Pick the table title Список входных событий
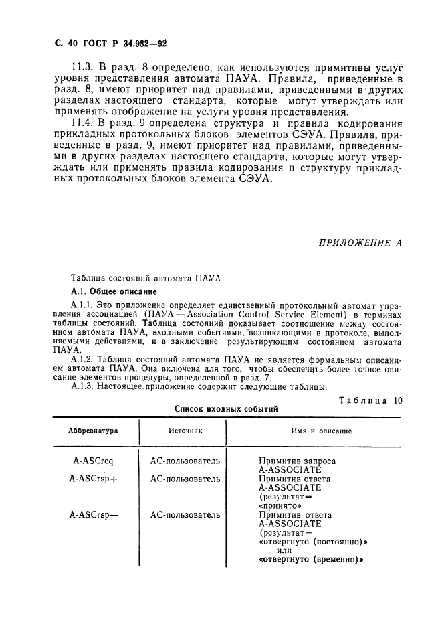click(x=226, y=409)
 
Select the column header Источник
click(x=185, y=432)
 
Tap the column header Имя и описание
click(x=321, y=432)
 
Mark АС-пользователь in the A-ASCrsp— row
click(x=185, y=515)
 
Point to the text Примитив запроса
click(x=297, y=461)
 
